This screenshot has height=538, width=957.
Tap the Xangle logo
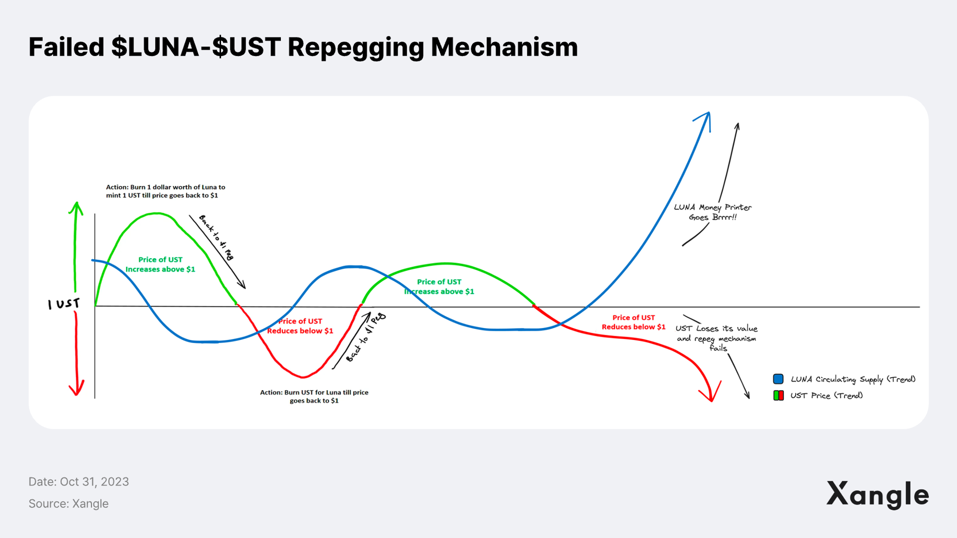point(878,494)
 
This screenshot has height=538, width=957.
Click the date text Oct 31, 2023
point(94,482)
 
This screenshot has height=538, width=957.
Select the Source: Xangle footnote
point(68,504)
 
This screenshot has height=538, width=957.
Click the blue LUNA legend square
point(778,379)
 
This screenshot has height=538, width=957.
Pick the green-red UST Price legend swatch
point(779,395)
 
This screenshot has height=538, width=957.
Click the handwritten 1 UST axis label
point(64,304)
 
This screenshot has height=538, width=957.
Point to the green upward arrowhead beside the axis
point(76,208)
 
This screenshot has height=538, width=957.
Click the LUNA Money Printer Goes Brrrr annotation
point(712,212)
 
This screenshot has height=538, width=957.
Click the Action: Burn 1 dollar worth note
point(166,191)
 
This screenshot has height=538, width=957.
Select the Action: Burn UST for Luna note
point(314,396)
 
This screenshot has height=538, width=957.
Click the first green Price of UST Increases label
point(160,264)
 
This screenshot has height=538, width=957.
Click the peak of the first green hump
point(157,213)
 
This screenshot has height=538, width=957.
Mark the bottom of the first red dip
point(302,377)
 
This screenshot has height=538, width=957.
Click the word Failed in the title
point(67,47)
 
